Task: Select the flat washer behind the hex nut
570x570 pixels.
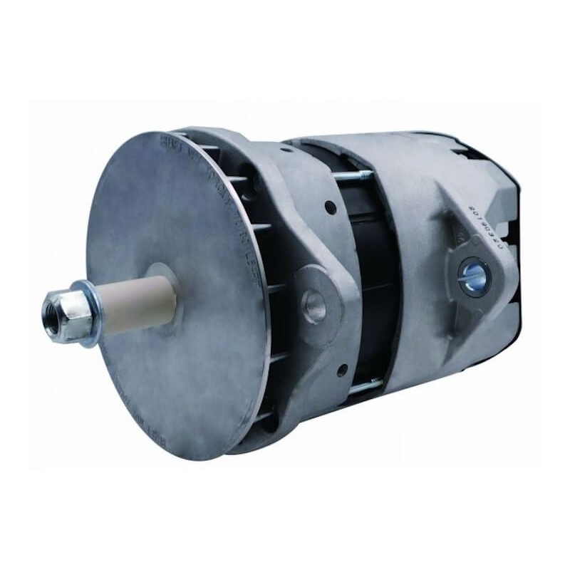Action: coord(86,312)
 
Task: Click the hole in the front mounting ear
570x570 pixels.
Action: coord(313,304)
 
